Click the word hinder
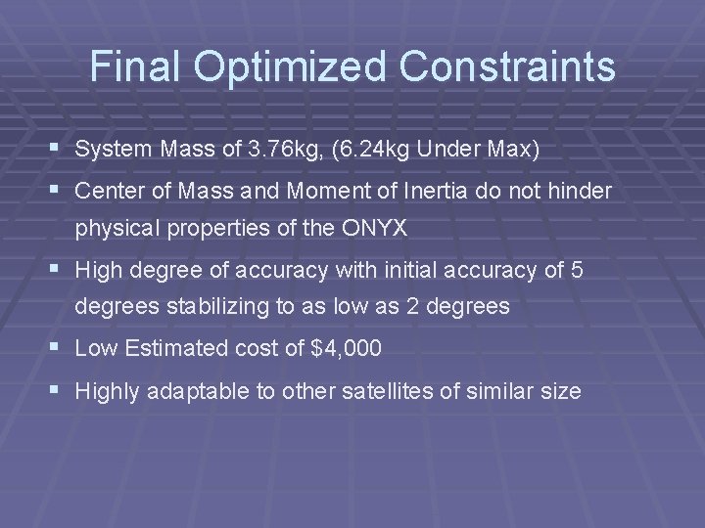tap(580, 190)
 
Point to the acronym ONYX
tap(385, 228)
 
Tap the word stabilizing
tap(220, 306)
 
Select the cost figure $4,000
tap(345, 347)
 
